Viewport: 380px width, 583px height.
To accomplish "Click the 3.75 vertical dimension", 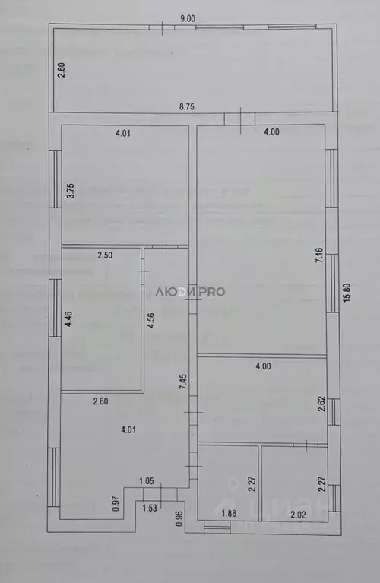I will pyautogui.click(x=70, y=191).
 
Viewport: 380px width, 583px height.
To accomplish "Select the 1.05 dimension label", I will pyautogui.click(x=147, y=481).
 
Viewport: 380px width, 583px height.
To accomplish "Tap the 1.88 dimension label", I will pyautogui.click(x=229, y=514).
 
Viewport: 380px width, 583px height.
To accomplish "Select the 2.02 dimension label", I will pyautogui.click(x=298, y=514).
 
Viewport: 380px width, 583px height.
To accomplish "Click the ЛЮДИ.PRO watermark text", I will pyautogui.click(x=190, y=290).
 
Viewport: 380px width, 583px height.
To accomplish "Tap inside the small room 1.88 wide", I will pyautogui.click(x=228, y=479).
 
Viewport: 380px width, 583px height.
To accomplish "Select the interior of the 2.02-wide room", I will pyautogui.click(x=293, y=479).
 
